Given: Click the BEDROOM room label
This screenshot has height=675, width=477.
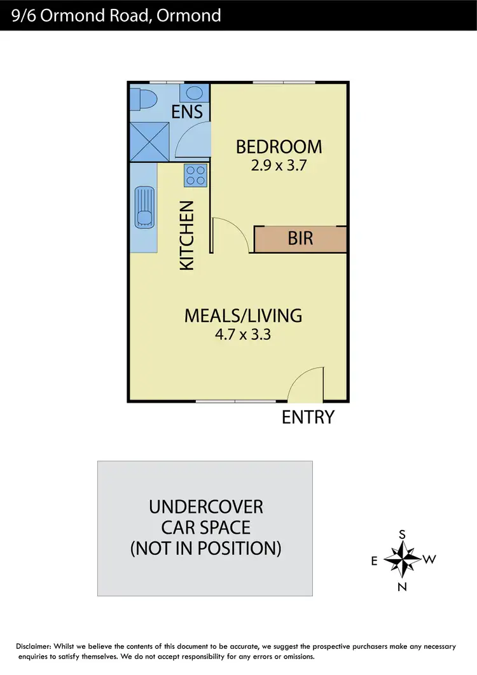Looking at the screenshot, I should [279, 147].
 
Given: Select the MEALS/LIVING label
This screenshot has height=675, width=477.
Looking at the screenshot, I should [243, 315].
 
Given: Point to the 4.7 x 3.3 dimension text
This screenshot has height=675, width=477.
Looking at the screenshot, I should [243, 334].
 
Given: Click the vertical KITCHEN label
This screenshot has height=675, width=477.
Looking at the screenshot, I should [187, 235].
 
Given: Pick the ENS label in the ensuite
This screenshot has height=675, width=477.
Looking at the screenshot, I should [188, 112].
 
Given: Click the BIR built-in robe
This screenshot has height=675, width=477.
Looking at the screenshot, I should [300, 239].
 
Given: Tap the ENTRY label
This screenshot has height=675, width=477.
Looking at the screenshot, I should [308, 417].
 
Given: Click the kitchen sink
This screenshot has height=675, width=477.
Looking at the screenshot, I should [144, 207].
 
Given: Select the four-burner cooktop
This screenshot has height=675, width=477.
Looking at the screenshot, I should [195, 176].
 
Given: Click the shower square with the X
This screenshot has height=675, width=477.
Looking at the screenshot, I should [149, 141].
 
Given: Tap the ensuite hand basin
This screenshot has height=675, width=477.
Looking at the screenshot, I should [191, 94].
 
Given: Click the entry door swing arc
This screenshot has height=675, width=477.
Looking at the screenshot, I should [304, 384].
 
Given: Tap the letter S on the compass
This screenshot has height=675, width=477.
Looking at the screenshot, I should [402, 535].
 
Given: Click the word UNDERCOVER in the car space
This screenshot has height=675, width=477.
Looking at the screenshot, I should [205, 507].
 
